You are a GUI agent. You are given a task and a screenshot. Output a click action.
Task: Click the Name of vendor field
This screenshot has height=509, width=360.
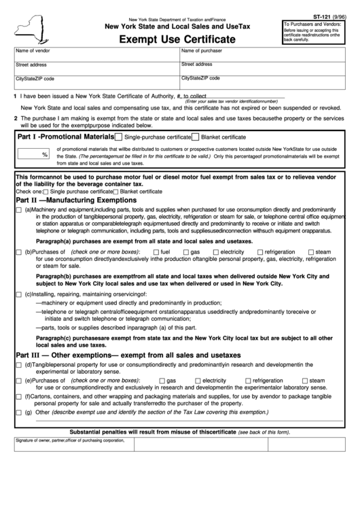tap(96, 55)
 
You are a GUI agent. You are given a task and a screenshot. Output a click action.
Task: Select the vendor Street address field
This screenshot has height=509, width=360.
tap(96, 68)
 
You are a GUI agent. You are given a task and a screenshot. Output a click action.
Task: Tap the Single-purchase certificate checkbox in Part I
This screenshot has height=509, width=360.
tap(119, 137)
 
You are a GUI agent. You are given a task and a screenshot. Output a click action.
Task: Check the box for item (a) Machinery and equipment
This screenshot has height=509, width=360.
tap(18, 210)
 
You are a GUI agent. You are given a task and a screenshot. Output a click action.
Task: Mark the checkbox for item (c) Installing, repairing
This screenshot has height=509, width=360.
tap(18, 294)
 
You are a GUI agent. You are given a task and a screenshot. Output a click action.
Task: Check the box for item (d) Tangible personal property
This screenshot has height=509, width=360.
tap(18, 365)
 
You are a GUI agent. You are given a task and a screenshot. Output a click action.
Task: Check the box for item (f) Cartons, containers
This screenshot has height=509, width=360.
tap(18, 396)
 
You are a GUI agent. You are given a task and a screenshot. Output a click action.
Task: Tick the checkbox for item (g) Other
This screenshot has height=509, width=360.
tap(18, 413)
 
